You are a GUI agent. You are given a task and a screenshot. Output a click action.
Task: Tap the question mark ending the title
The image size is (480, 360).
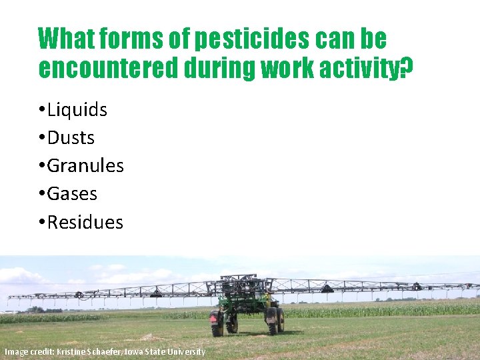[407, 67]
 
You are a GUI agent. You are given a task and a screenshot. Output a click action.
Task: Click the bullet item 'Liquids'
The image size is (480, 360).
[77, 110]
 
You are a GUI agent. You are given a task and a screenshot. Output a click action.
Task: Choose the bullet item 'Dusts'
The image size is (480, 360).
[71, 138]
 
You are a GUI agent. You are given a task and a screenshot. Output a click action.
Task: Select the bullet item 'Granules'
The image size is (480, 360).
[85, 165]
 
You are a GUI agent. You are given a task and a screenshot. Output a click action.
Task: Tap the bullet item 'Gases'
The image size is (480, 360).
[72, 194]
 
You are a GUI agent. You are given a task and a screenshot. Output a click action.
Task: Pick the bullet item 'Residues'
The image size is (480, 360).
[85, 222]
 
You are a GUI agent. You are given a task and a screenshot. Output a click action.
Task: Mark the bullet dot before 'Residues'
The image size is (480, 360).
[41, 223]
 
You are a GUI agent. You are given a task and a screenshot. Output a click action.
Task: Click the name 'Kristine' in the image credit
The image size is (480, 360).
[66, 351]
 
